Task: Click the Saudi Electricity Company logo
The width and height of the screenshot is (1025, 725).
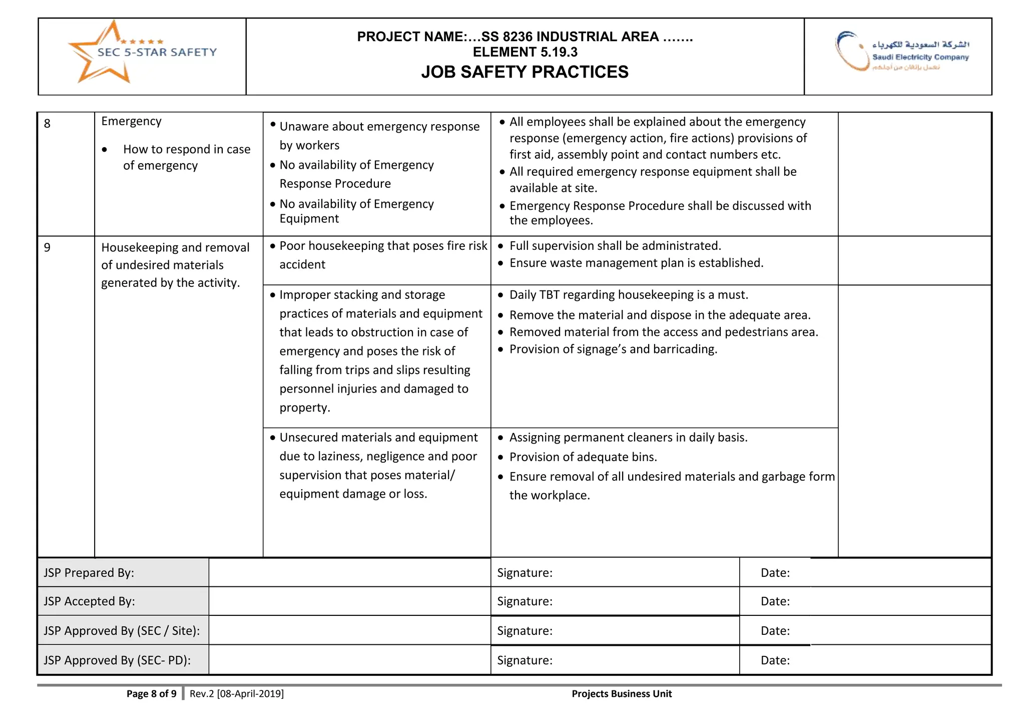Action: click(x=901, y=52)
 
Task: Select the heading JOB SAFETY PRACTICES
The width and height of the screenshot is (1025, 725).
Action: click(x=525, y=72)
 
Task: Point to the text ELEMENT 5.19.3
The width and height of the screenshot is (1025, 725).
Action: click(x=525, y=52)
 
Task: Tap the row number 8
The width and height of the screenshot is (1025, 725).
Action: click(x=47, y=124)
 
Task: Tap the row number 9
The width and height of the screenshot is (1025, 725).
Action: click(x=47, y=248)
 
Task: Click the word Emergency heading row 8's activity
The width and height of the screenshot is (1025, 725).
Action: click(x=131, y=122)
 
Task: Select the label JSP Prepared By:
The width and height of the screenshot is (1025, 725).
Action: click(x=89, y=573)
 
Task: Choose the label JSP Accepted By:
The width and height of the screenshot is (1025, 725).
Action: click(x=89, y=601)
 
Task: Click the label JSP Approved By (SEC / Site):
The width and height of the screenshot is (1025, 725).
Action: click(x=122, y=631)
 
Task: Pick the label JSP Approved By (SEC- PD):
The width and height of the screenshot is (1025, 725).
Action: click(x=117, y=660)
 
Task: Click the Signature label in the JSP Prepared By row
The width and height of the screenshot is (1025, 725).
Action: click(x=525, y=573)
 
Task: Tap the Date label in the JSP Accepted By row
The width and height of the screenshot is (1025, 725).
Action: click(x=775, y=601)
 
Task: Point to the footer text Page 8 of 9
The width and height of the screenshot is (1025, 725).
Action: click(x=151, y=694)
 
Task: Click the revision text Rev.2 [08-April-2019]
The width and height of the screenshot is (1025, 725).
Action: click(x=237, y=694)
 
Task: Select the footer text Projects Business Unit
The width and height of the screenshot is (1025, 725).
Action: click(x=622, y=694)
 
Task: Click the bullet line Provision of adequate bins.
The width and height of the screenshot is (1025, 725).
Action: click(x=583, y=457)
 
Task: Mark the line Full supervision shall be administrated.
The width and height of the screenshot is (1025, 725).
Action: click(x=615, y=246)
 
